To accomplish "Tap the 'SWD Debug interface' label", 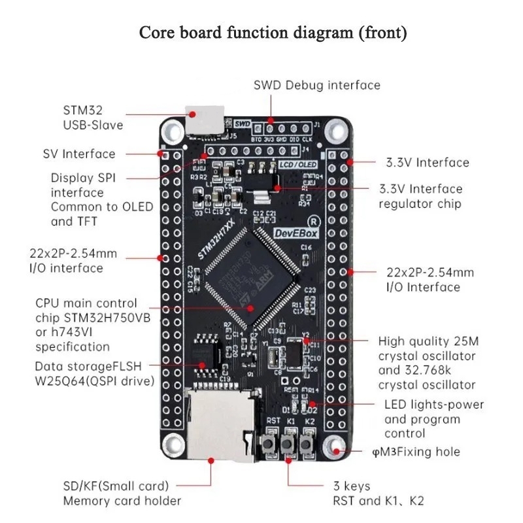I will [x=316, y=85].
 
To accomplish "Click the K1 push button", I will [x=288, y=446].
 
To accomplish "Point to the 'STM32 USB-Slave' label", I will [x=93, y=117].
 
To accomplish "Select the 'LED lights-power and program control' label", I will [x=433, y=418].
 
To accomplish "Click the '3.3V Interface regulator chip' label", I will [x=430, y=196].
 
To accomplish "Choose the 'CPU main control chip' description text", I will [x=88, y=324].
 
